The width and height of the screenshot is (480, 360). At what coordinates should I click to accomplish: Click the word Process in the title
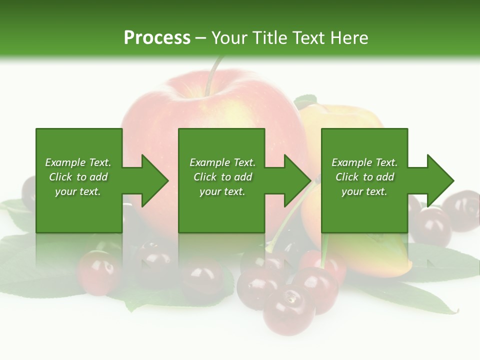157,37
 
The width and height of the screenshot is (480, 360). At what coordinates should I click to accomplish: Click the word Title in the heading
269,37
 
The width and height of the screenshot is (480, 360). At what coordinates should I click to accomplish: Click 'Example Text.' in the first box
78,162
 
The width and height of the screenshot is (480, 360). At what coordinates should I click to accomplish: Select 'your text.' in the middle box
222,191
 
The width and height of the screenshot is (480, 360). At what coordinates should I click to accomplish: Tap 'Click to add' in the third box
364,177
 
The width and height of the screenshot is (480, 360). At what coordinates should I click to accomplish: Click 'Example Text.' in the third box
364,162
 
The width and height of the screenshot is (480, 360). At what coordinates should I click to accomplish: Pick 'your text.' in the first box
78,191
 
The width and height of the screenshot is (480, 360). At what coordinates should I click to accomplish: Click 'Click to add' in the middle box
222,177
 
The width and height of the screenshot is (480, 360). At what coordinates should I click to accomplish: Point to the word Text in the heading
306,37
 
